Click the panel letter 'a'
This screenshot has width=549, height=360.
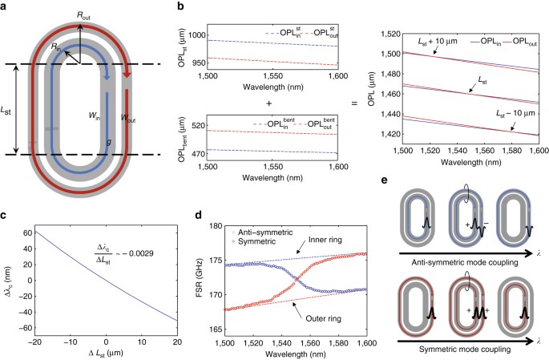[6, 6]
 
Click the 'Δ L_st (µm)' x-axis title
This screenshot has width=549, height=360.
[100, 355]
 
